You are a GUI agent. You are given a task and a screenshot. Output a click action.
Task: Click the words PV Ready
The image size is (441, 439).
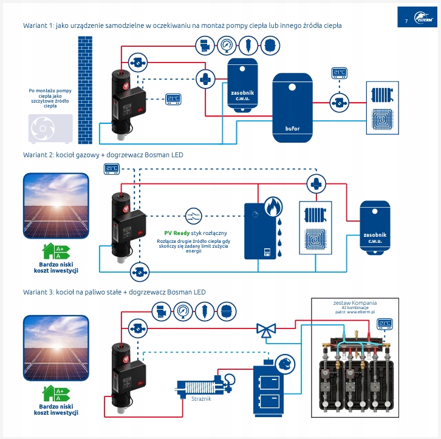177,233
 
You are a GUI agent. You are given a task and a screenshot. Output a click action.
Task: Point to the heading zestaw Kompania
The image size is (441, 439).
355,302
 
